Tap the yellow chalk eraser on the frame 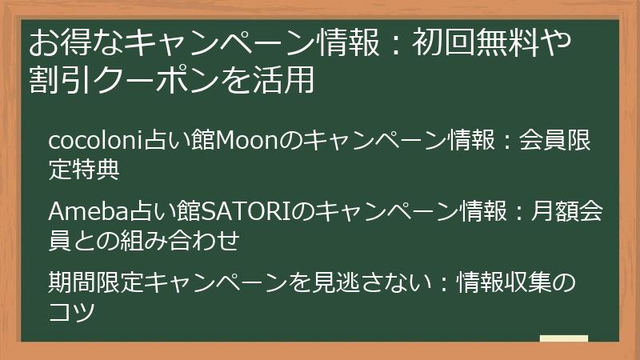(x=563, y=339)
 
